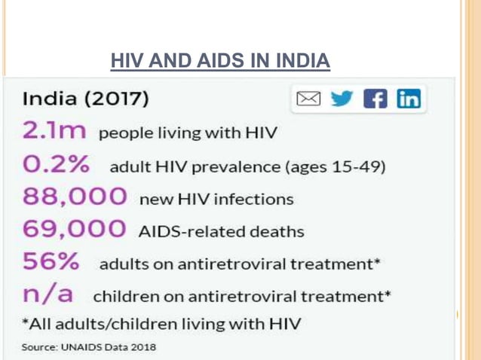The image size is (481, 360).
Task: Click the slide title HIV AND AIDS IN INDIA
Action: [x=220, y=60]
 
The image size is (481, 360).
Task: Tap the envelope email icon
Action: [x=308, y=99]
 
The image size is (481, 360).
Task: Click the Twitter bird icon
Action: [x=343, y=99]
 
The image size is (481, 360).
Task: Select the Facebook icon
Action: [x=375, y=99]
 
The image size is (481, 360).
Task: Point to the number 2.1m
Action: [x=55, y=132]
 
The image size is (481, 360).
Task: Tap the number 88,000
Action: [x=74, y=197]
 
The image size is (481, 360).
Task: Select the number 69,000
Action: [x=74, y=230]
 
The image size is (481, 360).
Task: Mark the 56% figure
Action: [x=51, y=262]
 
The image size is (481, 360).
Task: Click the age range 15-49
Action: [x=360, y=166]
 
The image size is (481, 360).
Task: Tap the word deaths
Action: [x=278, y=232]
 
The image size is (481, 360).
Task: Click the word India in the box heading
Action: [x=50, y=99]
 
